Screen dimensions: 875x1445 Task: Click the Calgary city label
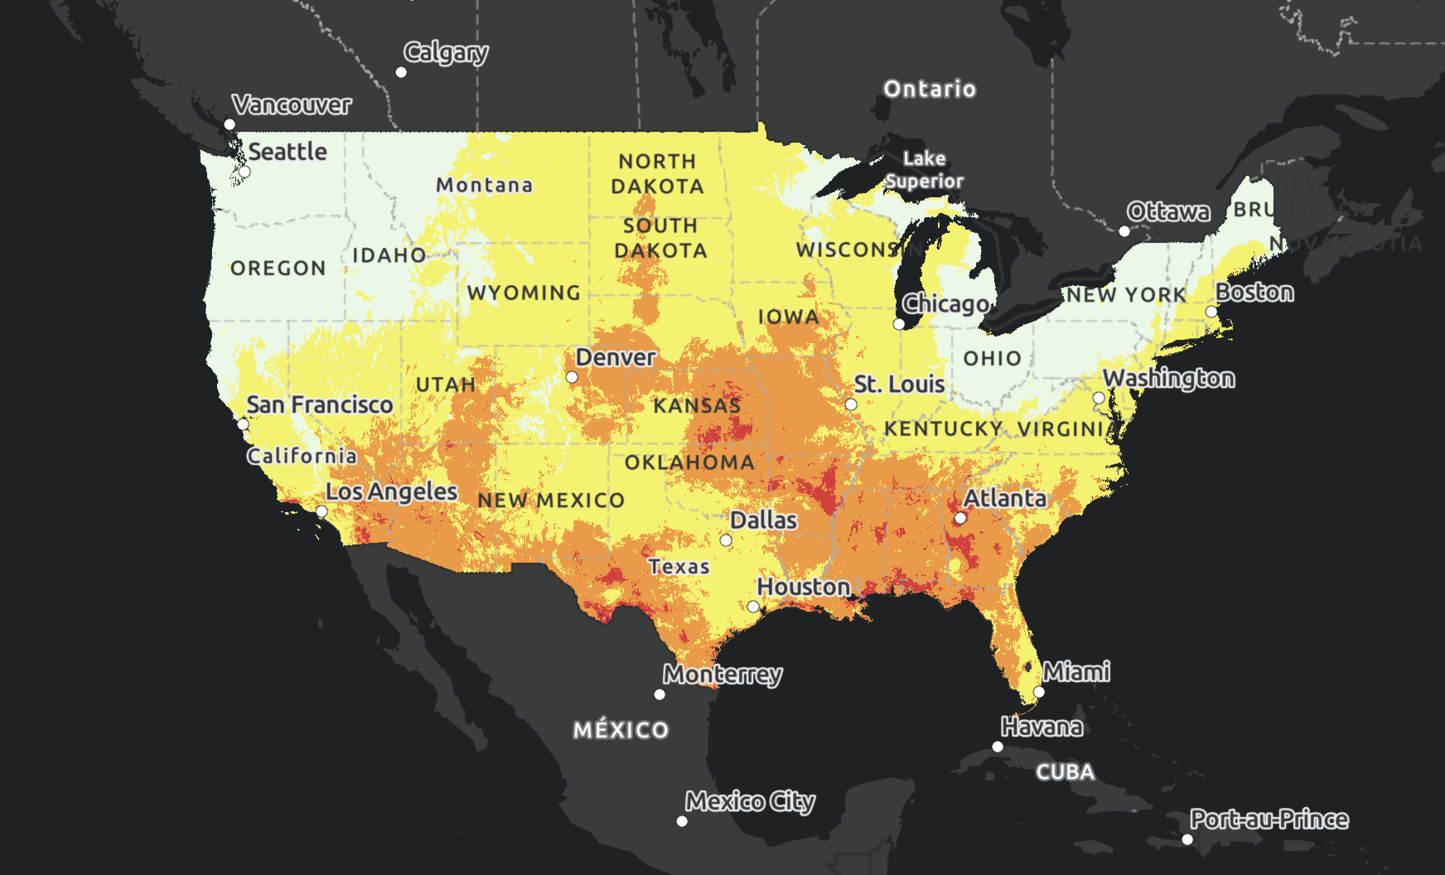(446, 53)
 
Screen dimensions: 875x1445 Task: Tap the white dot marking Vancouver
(230, 124)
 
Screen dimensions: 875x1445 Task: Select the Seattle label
(288, 152)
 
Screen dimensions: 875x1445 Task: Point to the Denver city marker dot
(572, 377)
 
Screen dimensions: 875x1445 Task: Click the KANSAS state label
(697, 405)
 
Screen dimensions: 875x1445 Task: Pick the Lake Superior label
(924, 170)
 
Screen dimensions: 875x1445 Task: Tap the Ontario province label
(930, 89)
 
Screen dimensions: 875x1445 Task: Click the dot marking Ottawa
(1124, 231)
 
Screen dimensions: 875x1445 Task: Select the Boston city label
(1254, 292)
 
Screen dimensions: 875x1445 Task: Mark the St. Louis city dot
(851, 404)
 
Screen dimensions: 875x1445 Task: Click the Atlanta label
(1005, 498)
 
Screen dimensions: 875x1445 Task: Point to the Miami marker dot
(1039, 692)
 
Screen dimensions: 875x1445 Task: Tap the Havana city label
(1041, 728)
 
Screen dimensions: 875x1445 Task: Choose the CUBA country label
(1066, 772)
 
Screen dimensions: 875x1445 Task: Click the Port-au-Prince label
(1269, 819)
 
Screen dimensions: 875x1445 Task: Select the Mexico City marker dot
(682, 821)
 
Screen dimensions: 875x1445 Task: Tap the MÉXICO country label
(621, 730)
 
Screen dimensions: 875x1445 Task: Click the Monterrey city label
(722, 674)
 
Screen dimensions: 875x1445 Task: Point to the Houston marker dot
(753, 607)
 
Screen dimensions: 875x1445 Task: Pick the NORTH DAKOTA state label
(658, 174)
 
